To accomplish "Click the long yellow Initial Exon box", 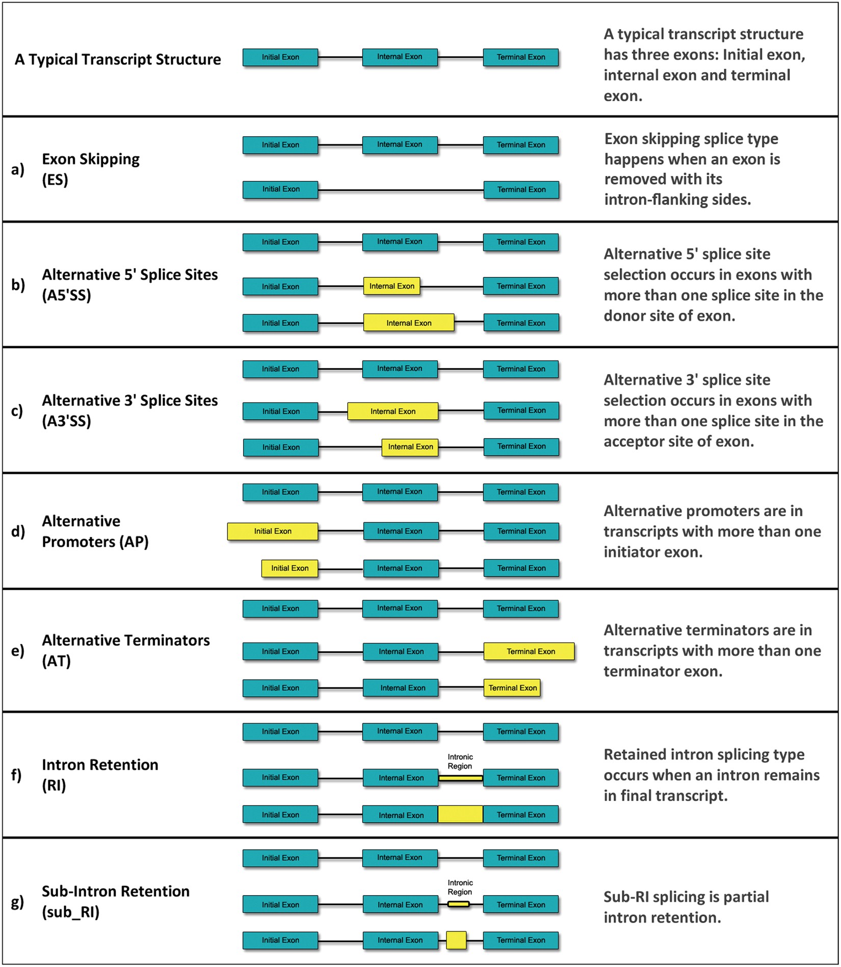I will click(272, 531).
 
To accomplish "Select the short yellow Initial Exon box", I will click(290, 568).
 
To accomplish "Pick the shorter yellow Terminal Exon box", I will click(512, 688).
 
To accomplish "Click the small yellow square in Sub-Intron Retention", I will click(456, 940).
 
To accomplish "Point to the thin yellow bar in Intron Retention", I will click(460, 778).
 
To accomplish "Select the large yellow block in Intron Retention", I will click(460, 815).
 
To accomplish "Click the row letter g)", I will click(17, 902).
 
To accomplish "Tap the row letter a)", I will click(17, 169).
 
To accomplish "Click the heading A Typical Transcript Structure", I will click(118, 60).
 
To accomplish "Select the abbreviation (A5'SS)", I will click(66, 295).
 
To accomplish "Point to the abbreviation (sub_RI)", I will click(70, 912).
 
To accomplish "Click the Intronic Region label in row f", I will click(460, 761).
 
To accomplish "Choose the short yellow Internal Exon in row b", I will click(391, 286).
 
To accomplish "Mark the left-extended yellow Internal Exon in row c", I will click(392, 411).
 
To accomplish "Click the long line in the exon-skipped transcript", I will click(401, 190).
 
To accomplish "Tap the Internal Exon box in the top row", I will click(400, 57).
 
